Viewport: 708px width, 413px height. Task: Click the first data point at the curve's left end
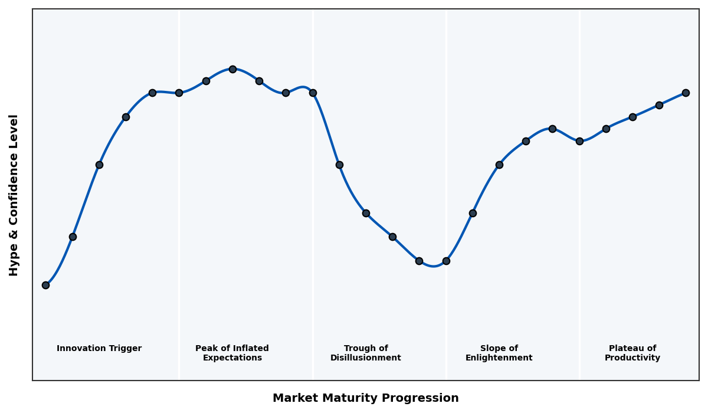pos(45,285)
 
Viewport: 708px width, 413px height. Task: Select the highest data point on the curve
pos(232,69)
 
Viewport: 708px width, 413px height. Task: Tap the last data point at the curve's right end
pos(686,93)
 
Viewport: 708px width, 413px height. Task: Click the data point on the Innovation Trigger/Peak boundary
pos(179,93)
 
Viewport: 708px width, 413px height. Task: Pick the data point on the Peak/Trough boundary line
pos(313,93)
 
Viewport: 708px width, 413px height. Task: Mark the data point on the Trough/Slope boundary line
pos(446,261)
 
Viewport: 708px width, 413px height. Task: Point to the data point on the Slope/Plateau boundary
pos(579,141)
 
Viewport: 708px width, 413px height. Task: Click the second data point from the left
pos(73,237)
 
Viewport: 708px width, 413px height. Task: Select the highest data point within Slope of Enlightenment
pos(552,129)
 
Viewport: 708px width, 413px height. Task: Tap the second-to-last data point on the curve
pos(659,105)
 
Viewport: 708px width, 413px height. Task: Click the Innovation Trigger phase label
pos(99,349)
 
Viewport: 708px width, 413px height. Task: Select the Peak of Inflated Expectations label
pos(232,353)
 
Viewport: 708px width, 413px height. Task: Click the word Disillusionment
pos(366,358)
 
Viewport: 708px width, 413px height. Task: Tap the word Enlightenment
pos(499,358)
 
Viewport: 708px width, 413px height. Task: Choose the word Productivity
pos(632,358)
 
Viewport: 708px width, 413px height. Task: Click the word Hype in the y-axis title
pos(14,262)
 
